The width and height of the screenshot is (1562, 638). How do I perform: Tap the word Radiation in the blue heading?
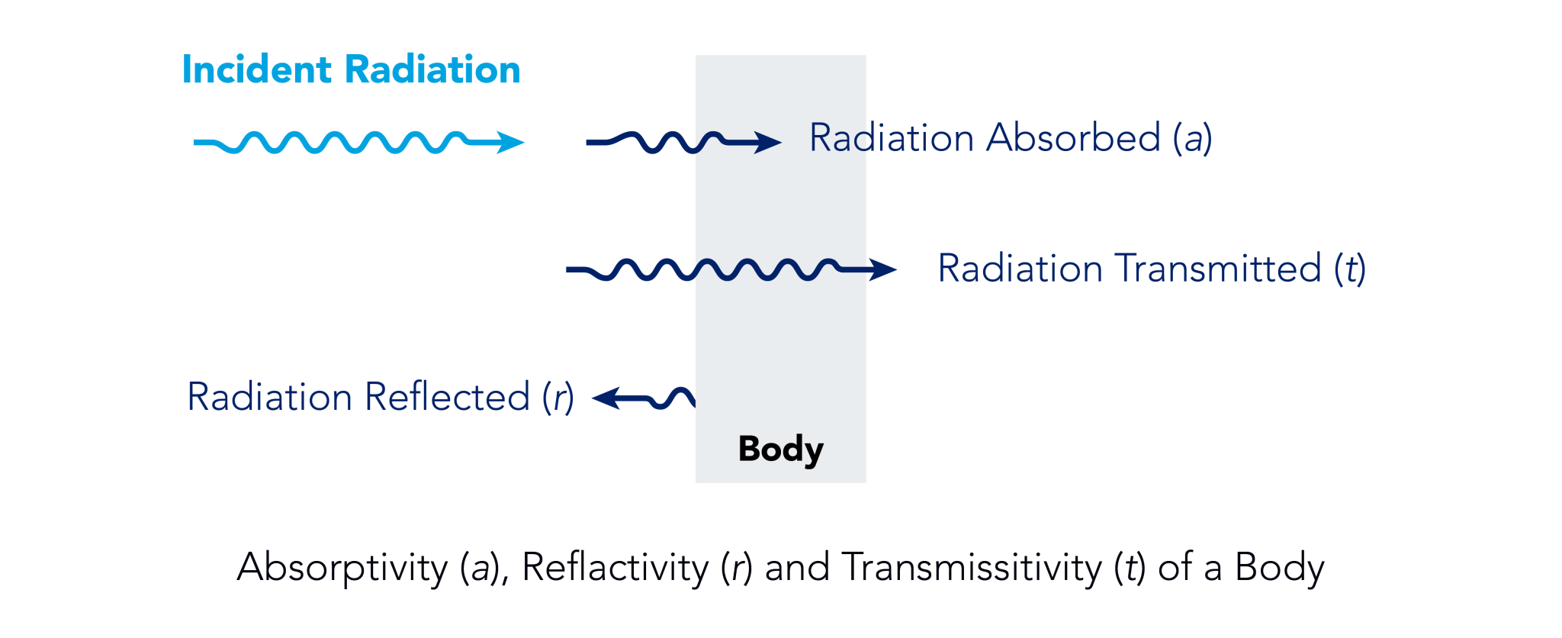tap(433, 69)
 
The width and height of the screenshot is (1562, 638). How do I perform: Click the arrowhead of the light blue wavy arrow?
tap(509, 142)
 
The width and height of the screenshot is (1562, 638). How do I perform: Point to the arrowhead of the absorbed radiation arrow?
tap(767, 142)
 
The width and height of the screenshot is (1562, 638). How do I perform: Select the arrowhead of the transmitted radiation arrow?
tap(882, 269)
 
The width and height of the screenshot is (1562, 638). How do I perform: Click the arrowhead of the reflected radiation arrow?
tap(607, 398)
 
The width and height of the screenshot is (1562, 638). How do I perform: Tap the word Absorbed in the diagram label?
tap(1073, 138)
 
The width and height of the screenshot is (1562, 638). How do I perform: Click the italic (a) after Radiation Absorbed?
tap(1193, 139)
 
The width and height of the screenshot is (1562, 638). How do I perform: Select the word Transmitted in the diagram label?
tap(1218, 269)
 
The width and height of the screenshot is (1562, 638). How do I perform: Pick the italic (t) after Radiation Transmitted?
tap(1350, 269)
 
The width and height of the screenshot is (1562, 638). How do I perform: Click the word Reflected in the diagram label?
tap(447, 397)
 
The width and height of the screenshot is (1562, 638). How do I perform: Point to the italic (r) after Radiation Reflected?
tap(558, 398)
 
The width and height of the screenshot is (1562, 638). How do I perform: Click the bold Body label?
tap(781, 449)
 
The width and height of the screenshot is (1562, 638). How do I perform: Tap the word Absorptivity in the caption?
tap(342, 568)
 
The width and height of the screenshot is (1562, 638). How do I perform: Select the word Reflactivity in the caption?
tap(615, 568)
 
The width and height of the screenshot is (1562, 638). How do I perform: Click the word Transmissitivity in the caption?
tap(972, 568)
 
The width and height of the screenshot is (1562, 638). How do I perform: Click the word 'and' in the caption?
tap(797, 568)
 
